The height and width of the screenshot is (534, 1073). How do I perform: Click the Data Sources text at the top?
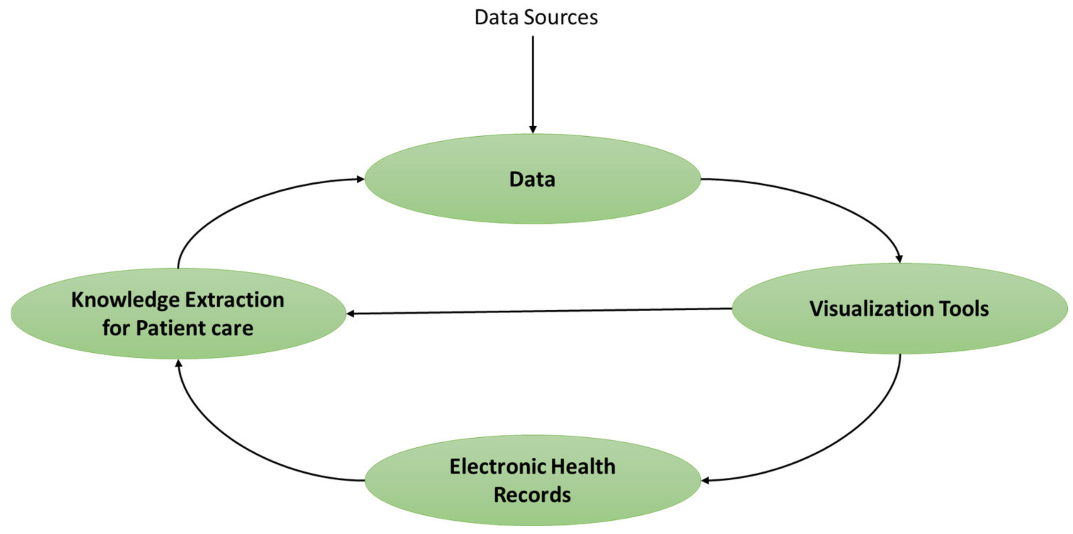(x=536, y=17)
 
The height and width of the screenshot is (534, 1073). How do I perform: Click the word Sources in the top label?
(x=561, y=17)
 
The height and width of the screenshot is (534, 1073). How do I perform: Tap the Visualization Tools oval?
(x=900, y=333)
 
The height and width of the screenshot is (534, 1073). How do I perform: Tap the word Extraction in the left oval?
(x=235, y=300)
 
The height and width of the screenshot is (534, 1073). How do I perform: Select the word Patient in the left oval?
(x=171, y=328)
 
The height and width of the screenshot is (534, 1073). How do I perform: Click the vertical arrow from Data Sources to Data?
(x=533, y=83)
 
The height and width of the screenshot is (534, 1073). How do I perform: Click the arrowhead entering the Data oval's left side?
(x=360, y=179)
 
